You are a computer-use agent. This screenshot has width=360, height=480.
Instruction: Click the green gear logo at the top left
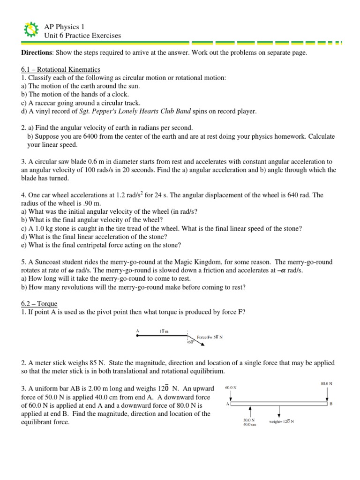(x=30, y=30)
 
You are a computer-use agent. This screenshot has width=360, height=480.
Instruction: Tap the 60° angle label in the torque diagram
(x=191, y=342)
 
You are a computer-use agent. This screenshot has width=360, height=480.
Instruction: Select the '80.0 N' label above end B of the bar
(x=327, y=383)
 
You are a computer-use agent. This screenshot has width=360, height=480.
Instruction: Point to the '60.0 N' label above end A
(x=231, y=388)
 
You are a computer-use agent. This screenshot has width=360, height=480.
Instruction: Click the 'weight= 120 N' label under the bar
(x=281, y=421)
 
